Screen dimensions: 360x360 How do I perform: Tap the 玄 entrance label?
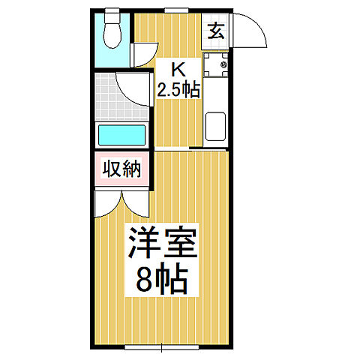[216, 31]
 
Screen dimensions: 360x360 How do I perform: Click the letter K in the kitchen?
[178, 71]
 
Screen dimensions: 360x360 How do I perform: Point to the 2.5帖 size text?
[178, 90]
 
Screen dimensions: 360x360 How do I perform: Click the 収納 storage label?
[121, 169]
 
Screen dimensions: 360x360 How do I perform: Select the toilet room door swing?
[142, 55]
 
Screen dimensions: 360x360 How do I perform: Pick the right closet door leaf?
[136, 202]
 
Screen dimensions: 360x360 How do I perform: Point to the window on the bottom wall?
[161, 346]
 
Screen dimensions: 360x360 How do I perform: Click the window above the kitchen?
[176, 11]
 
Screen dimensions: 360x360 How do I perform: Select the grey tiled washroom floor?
[109, 97]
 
